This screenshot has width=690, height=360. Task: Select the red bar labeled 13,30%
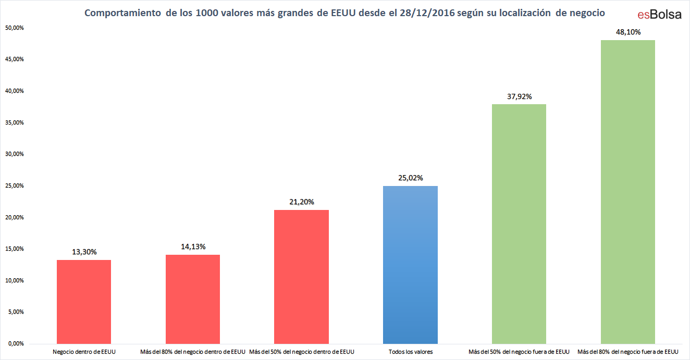click(84, 302)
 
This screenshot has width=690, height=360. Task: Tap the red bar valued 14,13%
click(193, 299)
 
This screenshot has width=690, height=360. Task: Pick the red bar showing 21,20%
click(302, 277)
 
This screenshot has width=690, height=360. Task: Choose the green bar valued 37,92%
click(519, 224)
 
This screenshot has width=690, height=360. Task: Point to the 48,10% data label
click(628, 32)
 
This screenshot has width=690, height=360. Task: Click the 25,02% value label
click(411, 178)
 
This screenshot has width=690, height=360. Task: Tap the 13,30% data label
click(84, 252)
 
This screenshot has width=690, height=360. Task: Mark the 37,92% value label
click(519, 96)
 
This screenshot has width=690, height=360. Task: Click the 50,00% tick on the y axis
click(14, 28)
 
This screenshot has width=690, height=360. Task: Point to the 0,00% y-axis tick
click(16, 344)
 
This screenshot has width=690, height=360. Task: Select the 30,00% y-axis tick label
click(14, 154)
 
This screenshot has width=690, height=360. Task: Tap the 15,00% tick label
click(14, 249)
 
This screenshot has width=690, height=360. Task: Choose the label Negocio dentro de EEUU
click(84, 352)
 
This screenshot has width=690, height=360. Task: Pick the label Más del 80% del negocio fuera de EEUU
click(628, 352)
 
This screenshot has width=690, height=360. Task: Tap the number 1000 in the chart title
click(207, 13)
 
